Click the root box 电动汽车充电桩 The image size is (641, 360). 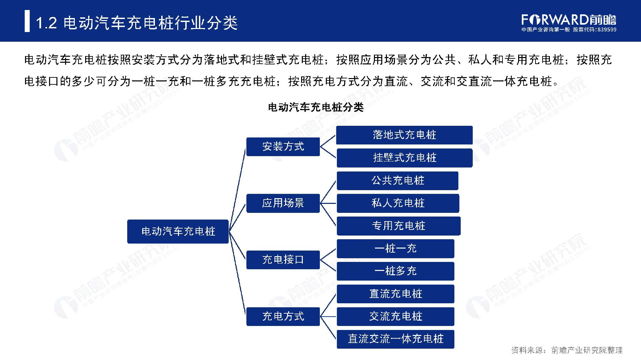pyautogui.click(x=178, y=231)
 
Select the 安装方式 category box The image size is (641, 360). pyautogui.click(x=283, y=146)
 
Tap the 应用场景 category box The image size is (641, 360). pyautogui.click(x=283, y=203)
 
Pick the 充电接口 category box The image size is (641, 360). pyautogui.click(x=283, y=260)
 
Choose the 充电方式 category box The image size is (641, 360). pyautogui.click(x=283, y=316)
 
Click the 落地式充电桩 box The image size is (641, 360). pyautogui.click(x=404, y=135)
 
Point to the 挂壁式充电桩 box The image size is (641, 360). pyautogui.click(x=405, y=157)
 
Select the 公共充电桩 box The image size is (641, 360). pyautogui.click(x=398, y=181)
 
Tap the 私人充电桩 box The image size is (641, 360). pyautogui.click(x=398, y=203)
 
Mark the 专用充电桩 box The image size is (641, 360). pyautogui.click(x=399, y=226)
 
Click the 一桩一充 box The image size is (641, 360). pyautogui.click(x=396, y=248)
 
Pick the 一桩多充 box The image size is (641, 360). pyautogui.click(x=396, y=271)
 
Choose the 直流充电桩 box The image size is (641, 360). pyautogui.click(x=396, y=294)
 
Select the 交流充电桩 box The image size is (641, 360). pyautogui.click(x=396, y=316)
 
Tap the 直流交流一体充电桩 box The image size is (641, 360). pyautogui.click(x=396, y=339)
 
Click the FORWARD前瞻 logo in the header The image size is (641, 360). pyautogui.click(x=569, y=20)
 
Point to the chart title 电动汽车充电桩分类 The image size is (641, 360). pyautogui.click(x=316, y=107)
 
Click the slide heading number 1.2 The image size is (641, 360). pyautogui.click(x=46, y=23)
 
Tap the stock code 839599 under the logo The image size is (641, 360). pyautogui.click(x=607, y=30)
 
